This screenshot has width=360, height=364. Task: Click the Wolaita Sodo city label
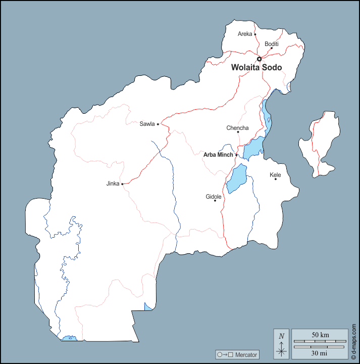point(256,67)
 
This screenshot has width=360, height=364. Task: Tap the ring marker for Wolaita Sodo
point(260,59)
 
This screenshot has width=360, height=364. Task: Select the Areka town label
point(245,34)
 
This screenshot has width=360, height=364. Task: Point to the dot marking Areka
point(255,34)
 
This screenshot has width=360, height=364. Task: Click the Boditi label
point(272,44)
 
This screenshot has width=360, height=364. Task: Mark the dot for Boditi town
point(271,49)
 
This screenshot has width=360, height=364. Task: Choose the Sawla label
point(147,124)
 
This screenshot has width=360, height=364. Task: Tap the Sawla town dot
point(158,124)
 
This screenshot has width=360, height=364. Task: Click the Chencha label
point(237,128)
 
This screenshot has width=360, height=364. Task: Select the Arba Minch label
point(218,155)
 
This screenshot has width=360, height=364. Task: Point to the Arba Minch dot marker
point(236,155)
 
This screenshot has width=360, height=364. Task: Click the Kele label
point(275,175)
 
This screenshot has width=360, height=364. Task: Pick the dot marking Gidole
point(215,201)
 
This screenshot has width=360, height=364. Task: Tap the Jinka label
point(113,184)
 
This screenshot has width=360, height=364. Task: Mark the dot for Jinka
point(122,184)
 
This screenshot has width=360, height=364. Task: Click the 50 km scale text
point(320,335)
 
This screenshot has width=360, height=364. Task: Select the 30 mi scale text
point(320,352)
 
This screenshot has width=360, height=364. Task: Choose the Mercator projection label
point(246,355)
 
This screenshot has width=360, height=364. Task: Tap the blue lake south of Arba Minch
point(236,178)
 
